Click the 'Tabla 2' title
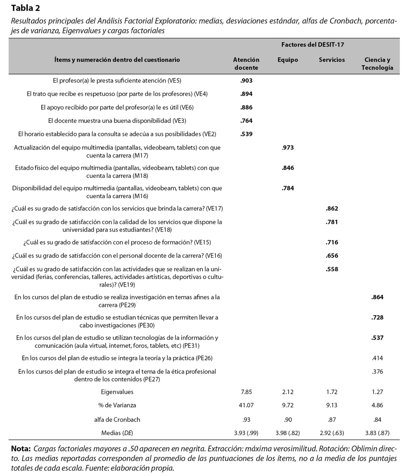[x=25, y=8]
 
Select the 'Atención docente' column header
[x=246, y=63]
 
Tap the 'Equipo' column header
[x=288, y=60]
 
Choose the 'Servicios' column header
[x=332, y=60]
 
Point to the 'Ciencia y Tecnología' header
[x=377, y=63]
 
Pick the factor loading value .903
[x=246, y=80]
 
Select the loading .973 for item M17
[x=288, y=148]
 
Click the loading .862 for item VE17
[x=332, y=209]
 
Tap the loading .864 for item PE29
[x=377, y=297]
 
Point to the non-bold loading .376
[x=377, y=372]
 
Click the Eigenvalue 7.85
[x=246, y=391]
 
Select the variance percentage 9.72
[x=288, y=405]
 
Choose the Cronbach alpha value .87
[x=332, y=419]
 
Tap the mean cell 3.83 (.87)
[x=377, y=433]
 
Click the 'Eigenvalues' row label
[x=117, y=391]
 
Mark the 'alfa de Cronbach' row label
[x=117, y=419]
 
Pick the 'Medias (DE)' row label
[x=117, y=433]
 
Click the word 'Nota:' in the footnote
[x=21, y=449]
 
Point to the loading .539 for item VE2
[x=246, y=134]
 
